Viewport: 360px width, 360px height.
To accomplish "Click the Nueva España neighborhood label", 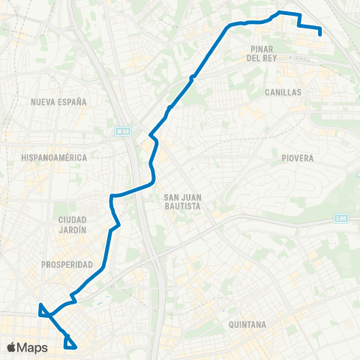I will coord(59,101).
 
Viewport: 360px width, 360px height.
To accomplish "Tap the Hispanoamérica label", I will coord(55,157).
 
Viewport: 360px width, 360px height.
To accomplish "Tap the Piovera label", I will coord(298,158).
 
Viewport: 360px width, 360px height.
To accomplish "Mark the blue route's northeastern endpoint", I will coord(320,34).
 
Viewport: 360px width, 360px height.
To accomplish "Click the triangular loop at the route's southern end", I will coord(70,343).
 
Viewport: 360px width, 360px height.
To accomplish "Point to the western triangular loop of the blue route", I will coord(43,310).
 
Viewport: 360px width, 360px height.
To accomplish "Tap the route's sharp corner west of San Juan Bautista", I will coord(112,196).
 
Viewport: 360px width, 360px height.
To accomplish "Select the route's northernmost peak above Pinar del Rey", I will coord(280,12).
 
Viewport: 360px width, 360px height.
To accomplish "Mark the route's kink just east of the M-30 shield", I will coord(152,136).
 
